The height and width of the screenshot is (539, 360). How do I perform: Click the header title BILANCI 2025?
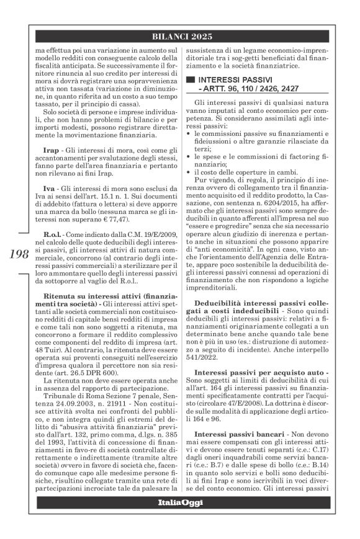(x=180, y=36)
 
